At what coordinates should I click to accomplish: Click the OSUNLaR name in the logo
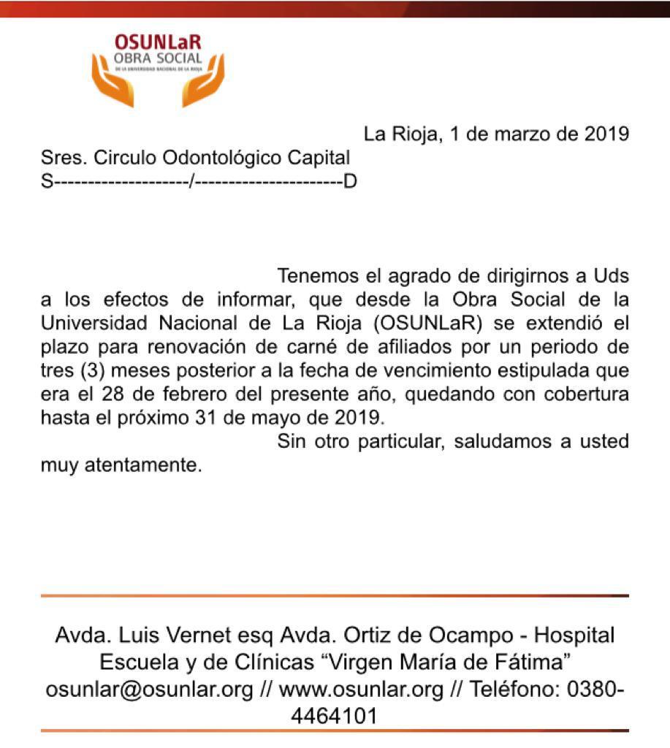(157, 44)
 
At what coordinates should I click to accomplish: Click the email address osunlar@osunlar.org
(150, 690)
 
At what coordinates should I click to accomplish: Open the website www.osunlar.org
(362, 690)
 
